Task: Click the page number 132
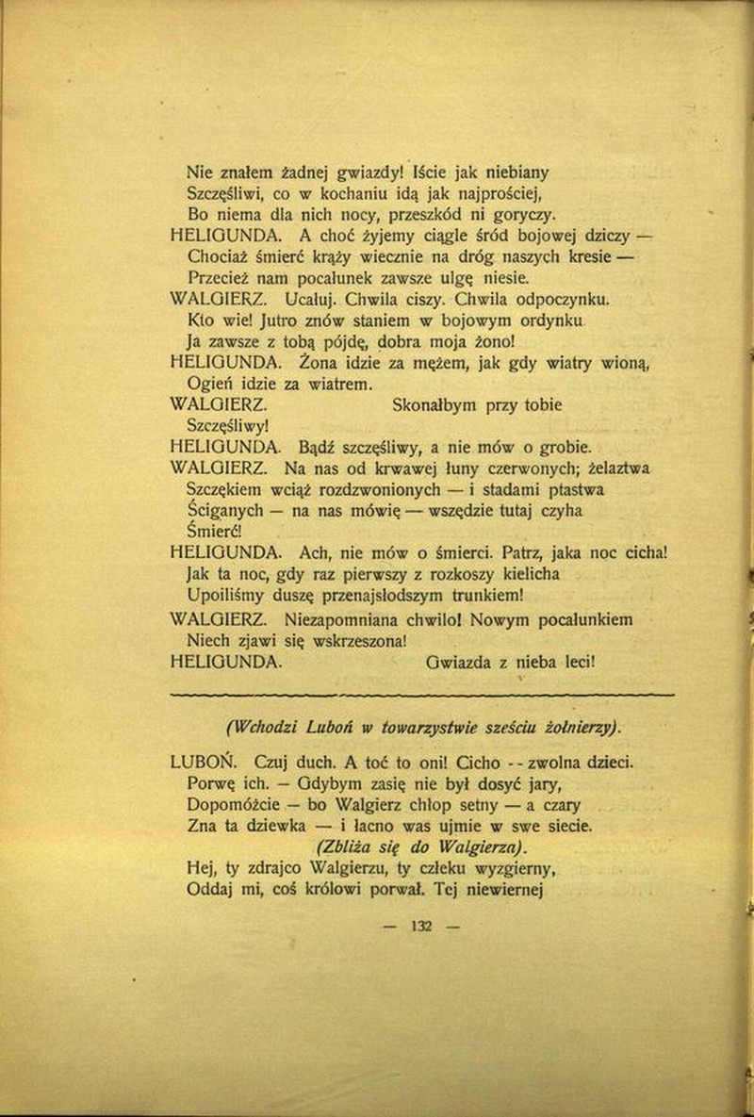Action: click(x=420, y=925)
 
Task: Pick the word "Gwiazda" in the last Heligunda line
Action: click(x=463, y=661)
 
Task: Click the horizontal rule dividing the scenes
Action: click(x=420, y=695)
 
